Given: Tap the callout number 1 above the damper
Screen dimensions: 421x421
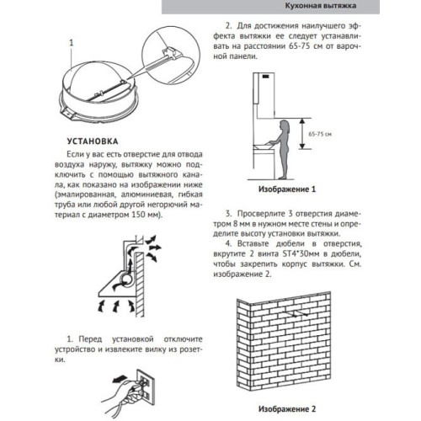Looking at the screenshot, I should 73,40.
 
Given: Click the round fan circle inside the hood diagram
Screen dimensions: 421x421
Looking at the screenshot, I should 125,279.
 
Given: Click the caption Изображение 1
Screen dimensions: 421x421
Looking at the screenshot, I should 286,190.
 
